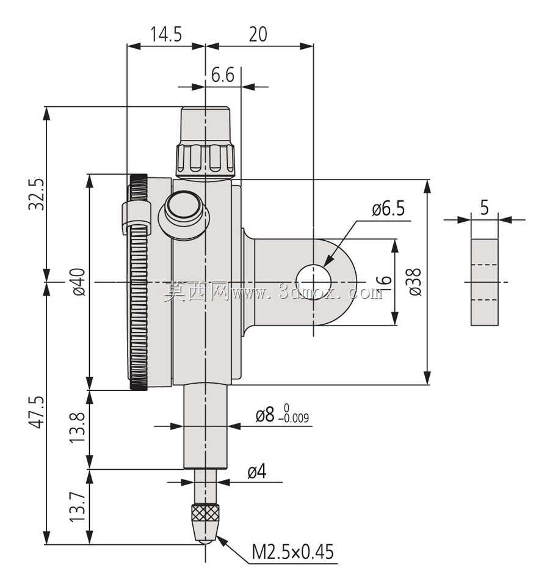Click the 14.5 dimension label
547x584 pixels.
[166, 34]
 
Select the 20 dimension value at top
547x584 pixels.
[258, 34]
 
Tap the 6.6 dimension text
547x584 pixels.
[222, 75]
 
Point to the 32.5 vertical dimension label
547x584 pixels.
[37, 194]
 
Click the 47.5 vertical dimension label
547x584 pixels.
[37, 412]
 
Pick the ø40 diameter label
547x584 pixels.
[79, 282]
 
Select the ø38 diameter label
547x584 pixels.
[415, 282]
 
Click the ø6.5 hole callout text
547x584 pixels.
[388, 209]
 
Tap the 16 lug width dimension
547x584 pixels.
[384, 284]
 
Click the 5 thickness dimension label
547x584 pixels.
[484, 208]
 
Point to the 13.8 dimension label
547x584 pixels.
[78, 427]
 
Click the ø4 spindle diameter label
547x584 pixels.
[257, 472]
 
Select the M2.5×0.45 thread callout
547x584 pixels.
[293, 552]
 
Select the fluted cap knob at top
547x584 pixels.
[205, 142]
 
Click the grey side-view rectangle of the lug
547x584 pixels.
[484, 282]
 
